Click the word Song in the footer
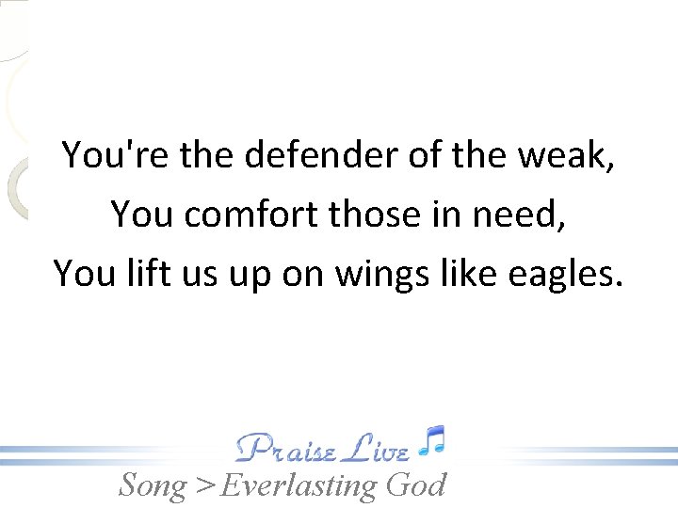coord(153,485)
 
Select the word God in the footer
coord(415,484)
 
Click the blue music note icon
coord(432,440)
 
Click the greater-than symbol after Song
coord(203,486)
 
